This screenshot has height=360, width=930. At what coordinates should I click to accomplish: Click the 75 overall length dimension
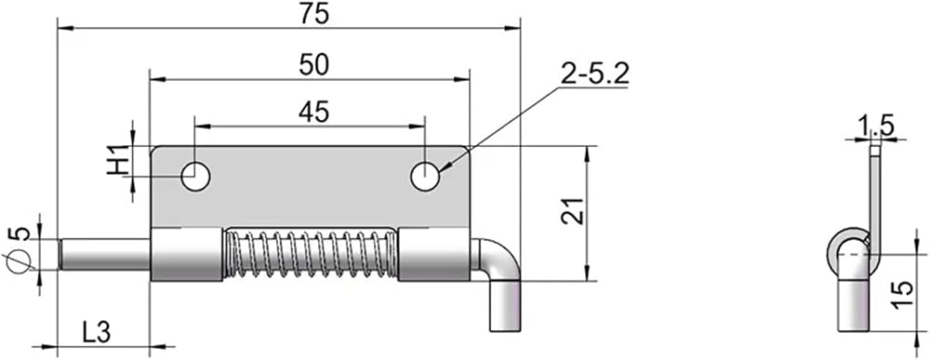(313, 14)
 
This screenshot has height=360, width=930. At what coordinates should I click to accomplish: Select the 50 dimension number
(313, 64)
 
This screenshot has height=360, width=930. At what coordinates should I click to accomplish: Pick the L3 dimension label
(97, 333)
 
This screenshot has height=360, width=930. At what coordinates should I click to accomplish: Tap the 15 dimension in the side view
(901, 295)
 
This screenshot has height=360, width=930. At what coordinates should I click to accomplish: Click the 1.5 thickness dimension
(875, 126)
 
